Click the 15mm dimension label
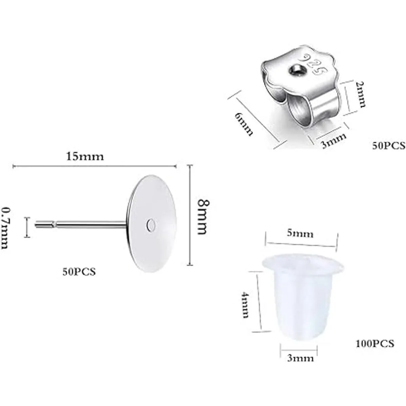coord(85,157)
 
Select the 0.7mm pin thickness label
coord(5,228)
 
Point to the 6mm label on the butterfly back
coord(244,124)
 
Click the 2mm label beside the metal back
coord(360,95)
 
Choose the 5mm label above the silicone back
coord(300,234)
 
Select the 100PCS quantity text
coord(375,344)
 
